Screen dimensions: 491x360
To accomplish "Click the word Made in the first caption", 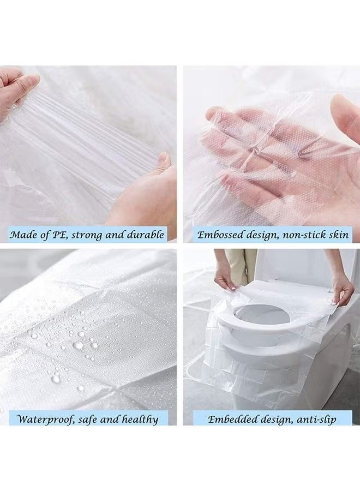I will click(24, 235).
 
